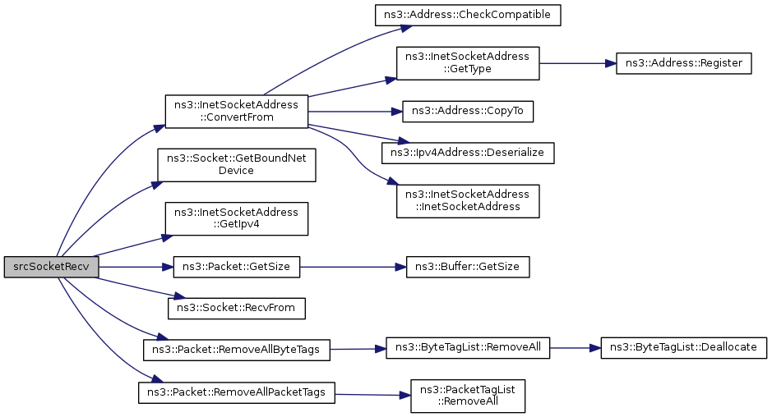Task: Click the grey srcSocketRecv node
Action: (51, 267)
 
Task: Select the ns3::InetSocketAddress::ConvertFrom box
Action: (236, 112)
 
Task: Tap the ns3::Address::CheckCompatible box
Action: (467, 16)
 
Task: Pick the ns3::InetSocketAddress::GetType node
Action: (467, 63)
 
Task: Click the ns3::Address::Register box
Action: (683, 63)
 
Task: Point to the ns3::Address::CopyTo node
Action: (467, 112)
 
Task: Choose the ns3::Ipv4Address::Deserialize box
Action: (467, 153)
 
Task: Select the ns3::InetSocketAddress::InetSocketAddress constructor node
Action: (467, 200)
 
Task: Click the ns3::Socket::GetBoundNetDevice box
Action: (236, 165)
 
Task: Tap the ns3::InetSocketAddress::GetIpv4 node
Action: (236, 218)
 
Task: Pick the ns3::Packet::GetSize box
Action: (236, 267)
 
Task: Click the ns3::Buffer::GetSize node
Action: (467, 267)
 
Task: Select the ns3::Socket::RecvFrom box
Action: (236, 309)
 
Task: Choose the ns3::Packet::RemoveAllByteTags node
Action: (236, 350)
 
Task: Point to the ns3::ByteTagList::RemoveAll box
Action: (467, 348)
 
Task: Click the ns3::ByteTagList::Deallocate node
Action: (683, 348)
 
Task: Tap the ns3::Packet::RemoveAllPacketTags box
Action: (236, 392)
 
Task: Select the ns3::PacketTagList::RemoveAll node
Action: (467, 396)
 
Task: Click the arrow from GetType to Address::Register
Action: (577, 63)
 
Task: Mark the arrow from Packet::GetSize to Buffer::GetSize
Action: (353, 267)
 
